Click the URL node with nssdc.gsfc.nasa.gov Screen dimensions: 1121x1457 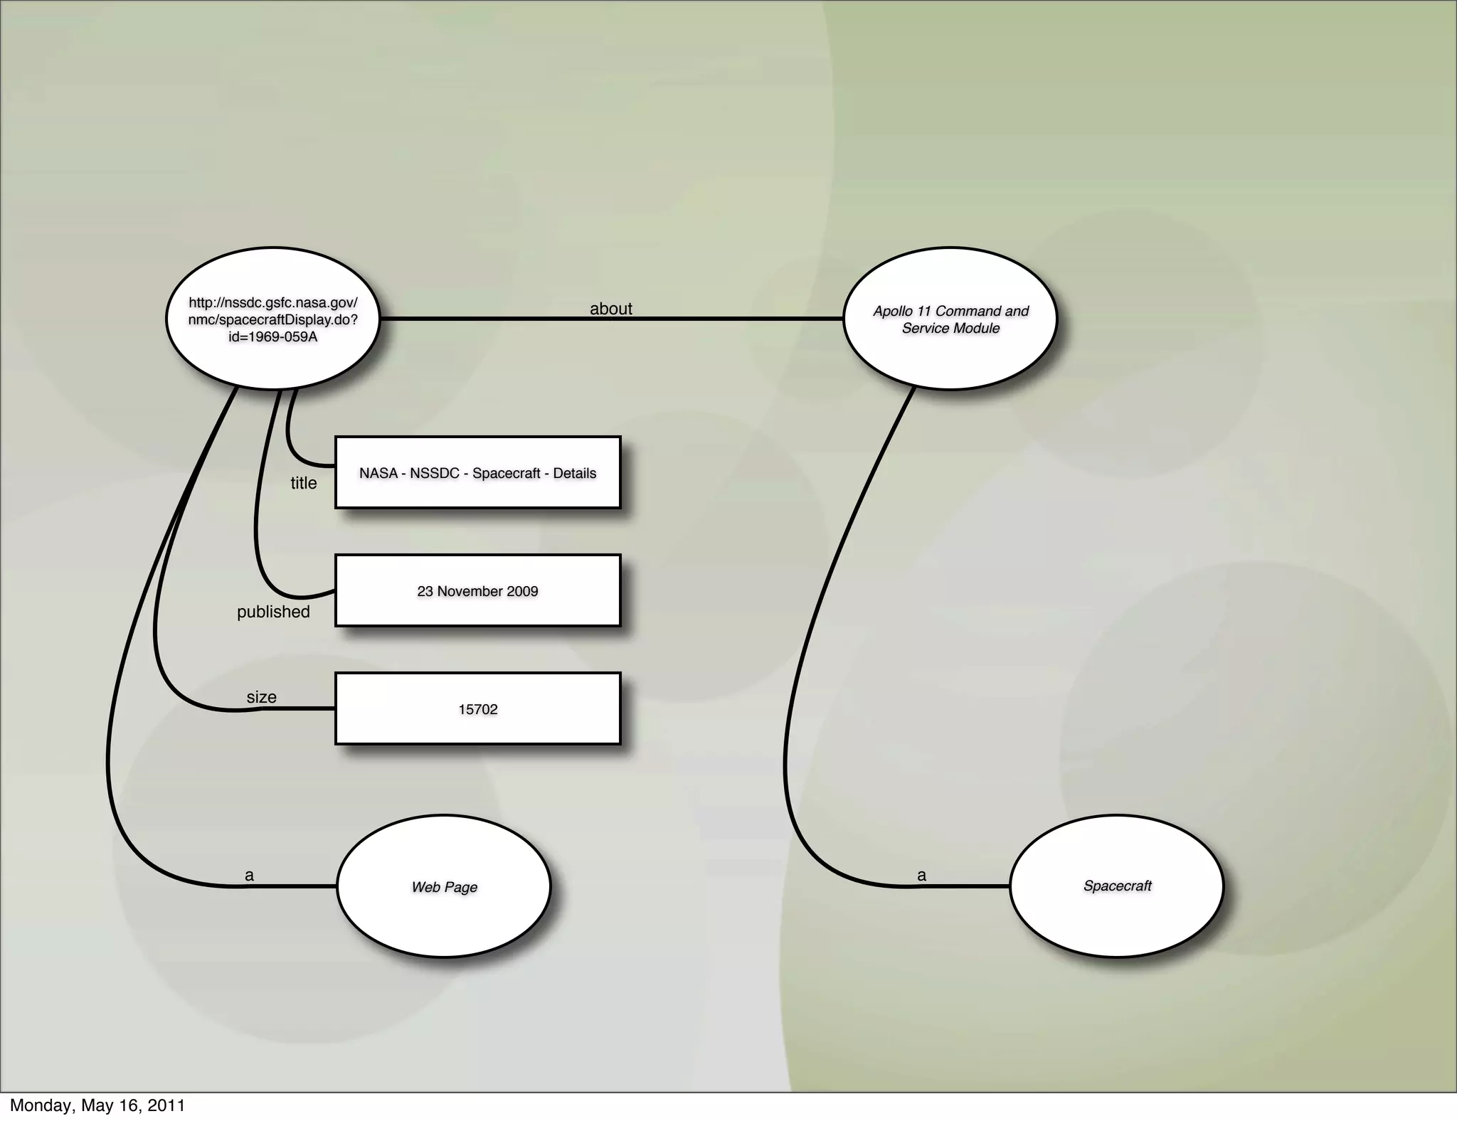[x=272, y=318]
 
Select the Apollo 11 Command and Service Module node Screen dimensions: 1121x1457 [x=950, y=319]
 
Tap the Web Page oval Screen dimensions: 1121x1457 [x=444, y=886]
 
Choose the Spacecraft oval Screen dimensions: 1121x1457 [x=1117, y=886]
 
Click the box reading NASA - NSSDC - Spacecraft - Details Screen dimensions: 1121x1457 [x=477, y=473]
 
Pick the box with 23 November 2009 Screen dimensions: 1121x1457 [x=477, y=591]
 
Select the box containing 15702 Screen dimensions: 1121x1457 [x=477, y=709]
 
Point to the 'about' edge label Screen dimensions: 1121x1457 [x=610, y=309]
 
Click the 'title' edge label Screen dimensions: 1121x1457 [x=304, y=483]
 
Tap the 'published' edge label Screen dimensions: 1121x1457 [x=273, y=612]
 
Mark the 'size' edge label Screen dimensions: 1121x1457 [x=261, y=697]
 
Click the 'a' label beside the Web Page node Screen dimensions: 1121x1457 [x=249, y=875]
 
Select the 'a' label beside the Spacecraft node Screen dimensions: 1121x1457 [x=921, y=875]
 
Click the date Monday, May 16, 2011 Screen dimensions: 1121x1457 [x=97, y=1105]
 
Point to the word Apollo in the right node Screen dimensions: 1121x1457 [x=894, y=311]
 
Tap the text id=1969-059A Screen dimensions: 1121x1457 [x=272, y=336]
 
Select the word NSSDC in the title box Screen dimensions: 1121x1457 [x=435, y=473]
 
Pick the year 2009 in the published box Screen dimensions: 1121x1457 [x=522, y=591]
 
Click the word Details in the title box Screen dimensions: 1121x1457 [x=575, y=473]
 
